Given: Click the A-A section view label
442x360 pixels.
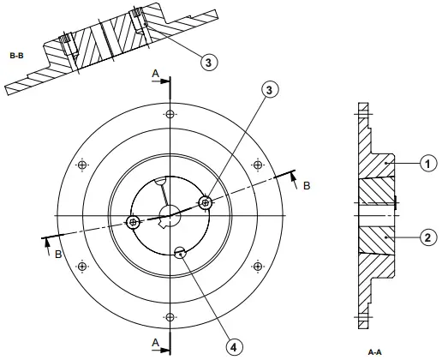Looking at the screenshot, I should [374, 351].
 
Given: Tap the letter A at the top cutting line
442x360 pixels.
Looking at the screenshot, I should [155, 75].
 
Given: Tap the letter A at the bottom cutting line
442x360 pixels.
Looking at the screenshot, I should [155, 341].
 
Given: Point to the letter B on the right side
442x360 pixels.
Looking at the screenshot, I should [307, 183].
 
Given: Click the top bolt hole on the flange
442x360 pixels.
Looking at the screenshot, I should [170, 114].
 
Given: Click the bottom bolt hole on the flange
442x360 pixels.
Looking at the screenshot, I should [170, 316].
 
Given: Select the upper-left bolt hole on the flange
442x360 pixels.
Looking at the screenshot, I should [82, 165].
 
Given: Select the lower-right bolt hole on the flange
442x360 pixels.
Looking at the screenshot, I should [259, 266].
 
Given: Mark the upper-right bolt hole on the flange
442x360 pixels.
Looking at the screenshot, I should [259, 165].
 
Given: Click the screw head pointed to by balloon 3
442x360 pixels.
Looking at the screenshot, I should [205, 203].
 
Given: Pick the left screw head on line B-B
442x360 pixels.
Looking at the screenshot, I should [134, 223].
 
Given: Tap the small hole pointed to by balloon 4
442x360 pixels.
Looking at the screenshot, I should [179, 252].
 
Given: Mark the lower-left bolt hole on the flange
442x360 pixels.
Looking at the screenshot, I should [82, 266].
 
